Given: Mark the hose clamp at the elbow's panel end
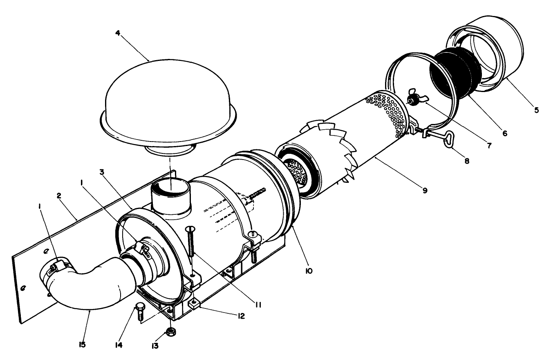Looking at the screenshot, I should (57, 270).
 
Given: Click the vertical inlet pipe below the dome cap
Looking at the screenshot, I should (171, 198).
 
